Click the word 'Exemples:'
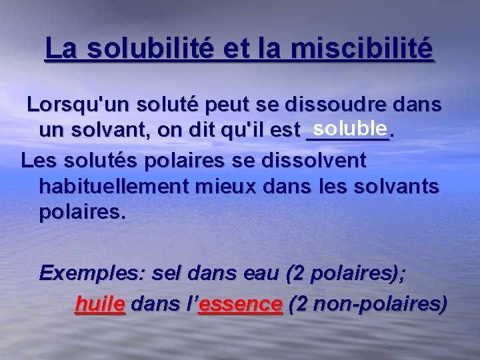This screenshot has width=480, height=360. pyautogui.click(x=92, y=273)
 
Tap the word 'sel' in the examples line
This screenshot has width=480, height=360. pyautogui.click(x=167, y=273)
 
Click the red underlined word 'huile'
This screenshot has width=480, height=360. pyautogui.click(x=100, y=305)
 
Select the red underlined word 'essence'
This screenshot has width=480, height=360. pyautogui.click(x=240, y=305)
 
